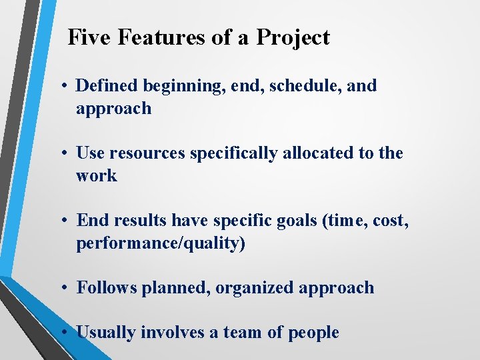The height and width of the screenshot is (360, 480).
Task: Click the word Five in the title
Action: [x=91, y=38]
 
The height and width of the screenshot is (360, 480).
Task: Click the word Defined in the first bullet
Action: [x=105, y=86]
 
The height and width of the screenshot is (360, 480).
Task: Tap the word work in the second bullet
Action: [x=96, y=176]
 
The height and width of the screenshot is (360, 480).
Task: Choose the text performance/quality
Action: [x=161, y=244]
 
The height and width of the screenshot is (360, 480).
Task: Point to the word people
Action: [x=313, y=333]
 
